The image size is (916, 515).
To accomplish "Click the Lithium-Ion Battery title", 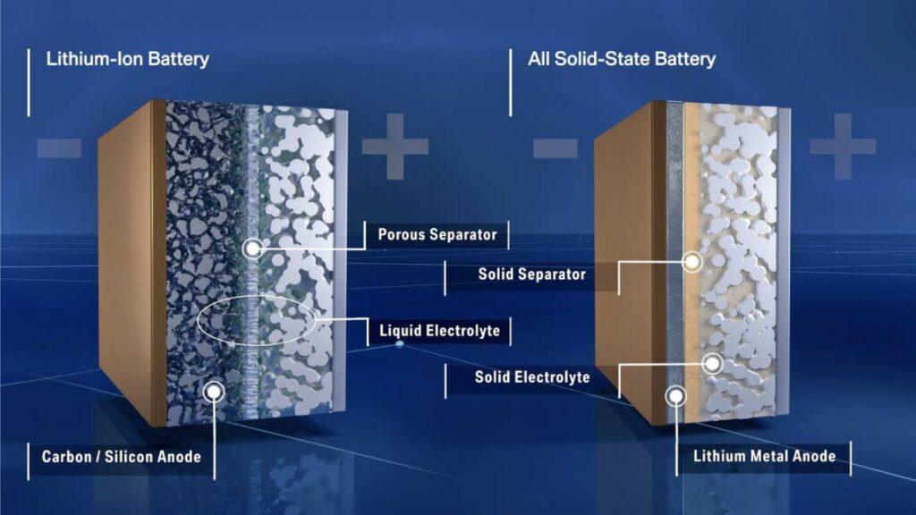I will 128,60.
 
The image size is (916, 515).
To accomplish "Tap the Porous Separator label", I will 437,235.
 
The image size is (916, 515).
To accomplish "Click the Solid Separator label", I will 531,274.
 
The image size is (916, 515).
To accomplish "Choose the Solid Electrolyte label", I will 531,377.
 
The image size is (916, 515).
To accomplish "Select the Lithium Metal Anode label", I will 764,456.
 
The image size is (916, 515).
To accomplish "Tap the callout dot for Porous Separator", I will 253,248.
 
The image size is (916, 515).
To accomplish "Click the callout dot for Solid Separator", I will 691,262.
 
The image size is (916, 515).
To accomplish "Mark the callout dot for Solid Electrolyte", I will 712,363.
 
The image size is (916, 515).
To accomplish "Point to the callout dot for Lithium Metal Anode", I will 676,393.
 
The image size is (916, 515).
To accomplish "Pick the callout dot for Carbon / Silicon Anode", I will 213,390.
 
